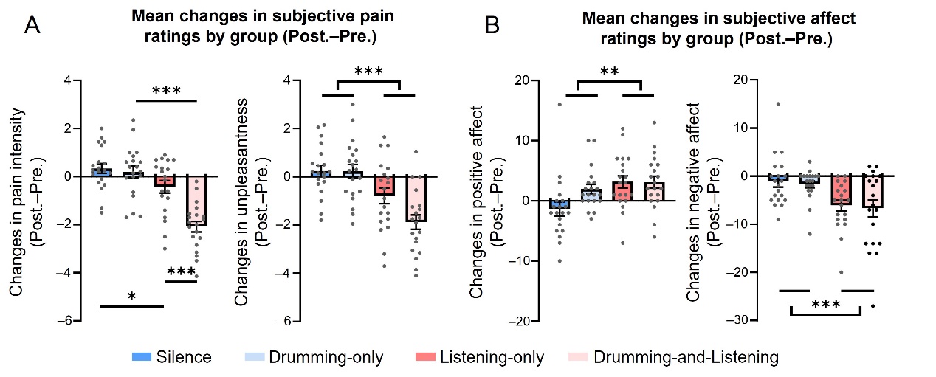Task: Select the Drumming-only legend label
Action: pos(325,358)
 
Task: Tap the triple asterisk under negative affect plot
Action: pos(826,305)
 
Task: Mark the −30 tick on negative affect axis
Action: pos(738,321)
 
